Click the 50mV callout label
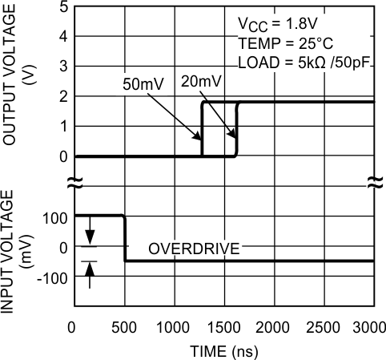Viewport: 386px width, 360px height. [142, 83]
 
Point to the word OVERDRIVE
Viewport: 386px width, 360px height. [194, 249]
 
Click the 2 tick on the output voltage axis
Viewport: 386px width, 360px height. [62, 97]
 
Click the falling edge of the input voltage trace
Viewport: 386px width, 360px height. [125, 238]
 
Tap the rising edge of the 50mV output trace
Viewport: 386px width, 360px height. [203, 128]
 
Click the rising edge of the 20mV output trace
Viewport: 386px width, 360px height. [237, 128]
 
